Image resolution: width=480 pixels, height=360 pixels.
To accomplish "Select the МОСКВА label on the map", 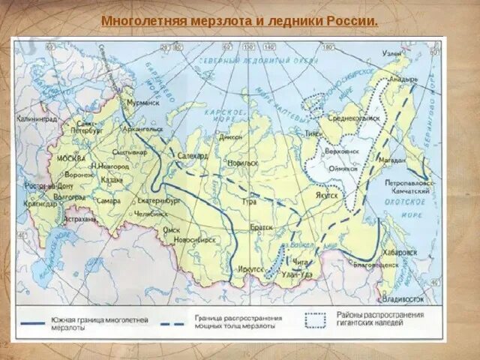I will click(72, 159).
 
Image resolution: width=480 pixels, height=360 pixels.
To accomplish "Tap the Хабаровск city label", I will click(401, 253).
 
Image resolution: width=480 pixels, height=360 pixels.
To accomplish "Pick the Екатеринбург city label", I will click(159, 202).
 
